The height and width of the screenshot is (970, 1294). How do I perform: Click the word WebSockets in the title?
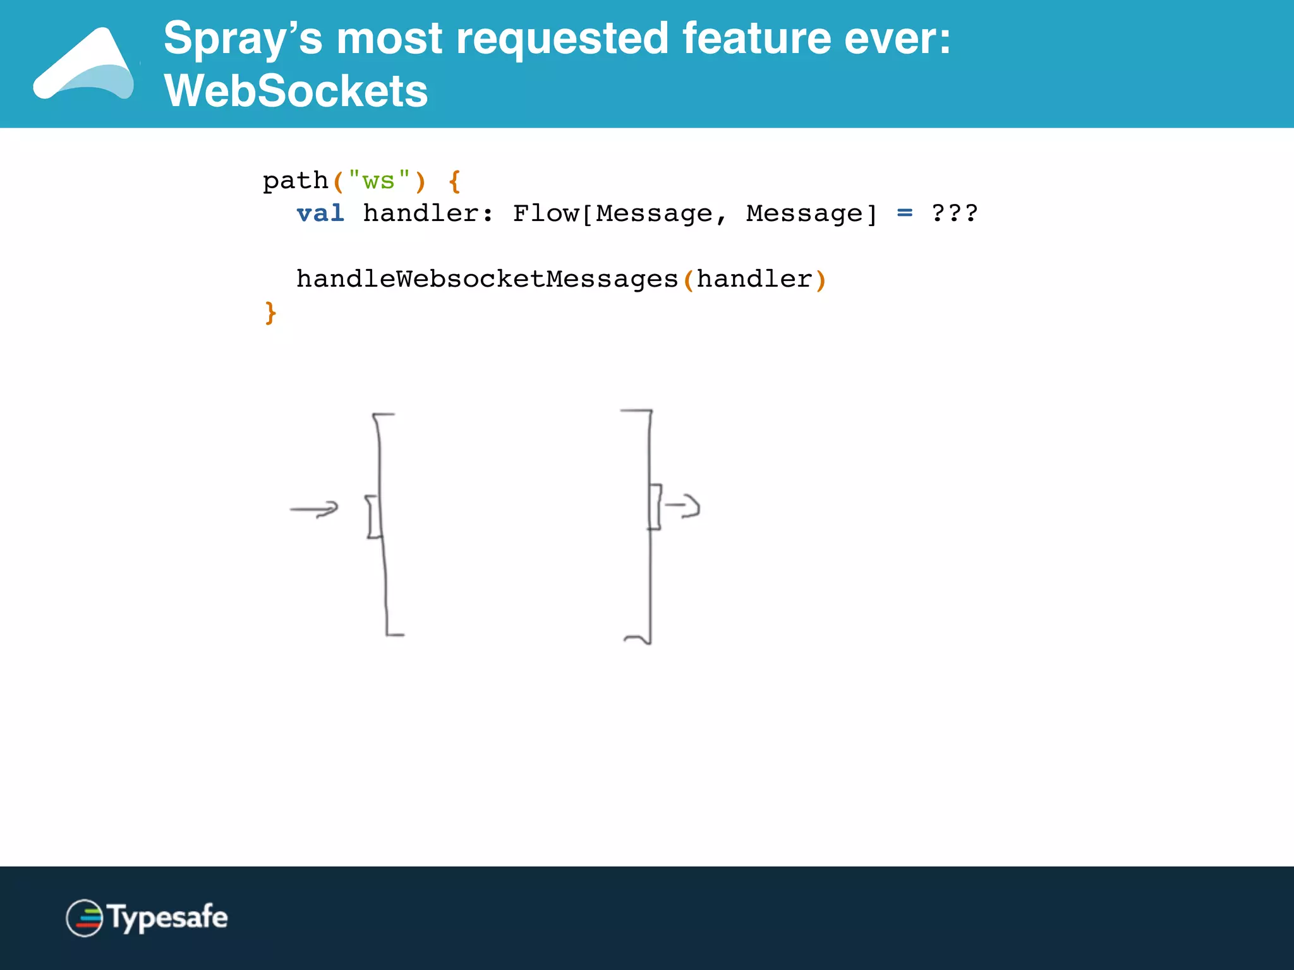[x=296, y=91]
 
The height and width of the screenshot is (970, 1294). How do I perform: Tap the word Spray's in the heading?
[x=243, y=39]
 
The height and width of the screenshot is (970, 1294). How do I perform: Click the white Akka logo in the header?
[x=85, y=65]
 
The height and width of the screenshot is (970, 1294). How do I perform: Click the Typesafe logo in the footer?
[x=147, y=918]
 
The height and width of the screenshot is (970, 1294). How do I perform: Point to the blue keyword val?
[x=320, y=213]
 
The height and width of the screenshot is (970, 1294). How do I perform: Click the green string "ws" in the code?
[x=378, y=181]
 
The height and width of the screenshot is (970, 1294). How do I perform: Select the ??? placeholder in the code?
[x=955, y=213]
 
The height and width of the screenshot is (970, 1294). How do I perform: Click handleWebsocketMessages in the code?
[x=487, y=279]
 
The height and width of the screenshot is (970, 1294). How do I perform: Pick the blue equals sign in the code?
[x=905, y=213]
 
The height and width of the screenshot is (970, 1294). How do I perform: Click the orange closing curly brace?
[x=270, y=313]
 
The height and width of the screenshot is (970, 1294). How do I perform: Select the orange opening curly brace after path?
[x=454, y=181]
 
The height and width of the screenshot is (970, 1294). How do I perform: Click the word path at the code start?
[x=295, y=181]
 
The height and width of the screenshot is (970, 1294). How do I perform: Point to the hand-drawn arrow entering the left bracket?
[x=314, y=509]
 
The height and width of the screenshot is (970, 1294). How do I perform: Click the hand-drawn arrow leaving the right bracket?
[x=683, y=506]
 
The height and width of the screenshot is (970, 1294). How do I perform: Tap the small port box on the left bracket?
[x=374, y=517]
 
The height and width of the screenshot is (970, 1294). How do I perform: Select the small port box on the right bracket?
[x=655, y=506]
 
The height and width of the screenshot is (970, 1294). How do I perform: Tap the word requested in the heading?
[x=562, y=39]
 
